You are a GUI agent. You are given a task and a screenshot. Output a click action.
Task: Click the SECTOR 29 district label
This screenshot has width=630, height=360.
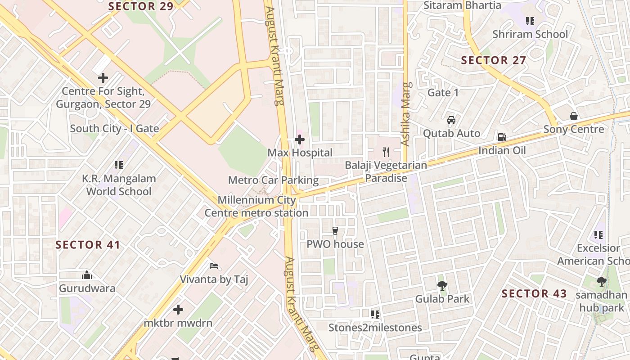pyautogui.click(x=141, y=6)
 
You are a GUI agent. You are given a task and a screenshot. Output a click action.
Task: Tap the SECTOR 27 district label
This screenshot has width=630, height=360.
pyautogui.click(x=494, y=60)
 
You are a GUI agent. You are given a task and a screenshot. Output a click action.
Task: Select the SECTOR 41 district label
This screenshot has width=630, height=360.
pyautogui.click(x=88, y=245)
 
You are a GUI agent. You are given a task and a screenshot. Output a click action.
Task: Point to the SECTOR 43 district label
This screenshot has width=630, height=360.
pyautogui.click(x=534, y=294)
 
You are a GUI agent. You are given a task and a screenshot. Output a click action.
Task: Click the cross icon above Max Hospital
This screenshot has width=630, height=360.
pyautogui.click(x=300, y=139)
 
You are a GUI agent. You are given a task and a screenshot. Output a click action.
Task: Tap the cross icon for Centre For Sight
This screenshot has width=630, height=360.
pyautogui.click(x=103, y=78)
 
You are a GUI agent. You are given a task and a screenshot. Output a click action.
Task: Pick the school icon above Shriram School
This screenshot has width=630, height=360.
pyautogui.click(x=530, y=21)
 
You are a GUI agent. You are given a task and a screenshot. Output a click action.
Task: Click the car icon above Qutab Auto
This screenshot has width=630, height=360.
pyautogui.click(x=451, y=120)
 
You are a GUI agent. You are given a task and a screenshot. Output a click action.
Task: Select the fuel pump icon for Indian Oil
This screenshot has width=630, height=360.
pyautogui.click(x=502, y=137)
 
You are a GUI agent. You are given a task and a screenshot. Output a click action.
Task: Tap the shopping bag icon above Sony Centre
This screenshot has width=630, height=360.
pyautogui.click(x=574, y=116)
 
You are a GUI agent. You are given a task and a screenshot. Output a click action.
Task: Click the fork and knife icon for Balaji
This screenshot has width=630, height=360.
pyautogui.click(x=386, y=152)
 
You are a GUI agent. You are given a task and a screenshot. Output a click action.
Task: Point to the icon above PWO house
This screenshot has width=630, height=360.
pyautogui.click(x=335, y=231)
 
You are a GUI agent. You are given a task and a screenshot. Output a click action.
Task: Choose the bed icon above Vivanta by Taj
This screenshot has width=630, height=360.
pyautogui.click(x=214, y=266)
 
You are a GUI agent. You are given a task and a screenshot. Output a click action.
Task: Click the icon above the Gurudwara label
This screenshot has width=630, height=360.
pyautogui.click(x=87, y=274)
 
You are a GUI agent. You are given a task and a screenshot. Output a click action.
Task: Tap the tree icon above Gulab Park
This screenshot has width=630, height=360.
pyautogui.click(x=442, y=285)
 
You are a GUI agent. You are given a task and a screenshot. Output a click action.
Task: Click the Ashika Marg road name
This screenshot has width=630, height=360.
pyautogui.click(x=406, y=114)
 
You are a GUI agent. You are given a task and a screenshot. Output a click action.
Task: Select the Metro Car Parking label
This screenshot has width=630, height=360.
pyautogui.click(x=273, y=180)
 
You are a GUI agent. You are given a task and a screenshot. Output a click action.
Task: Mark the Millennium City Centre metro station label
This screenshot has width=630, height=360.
pyautogui.click(x=256, y=206)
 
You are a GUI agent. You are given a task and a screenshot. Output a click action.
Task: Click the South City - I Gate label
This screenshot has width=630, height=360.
pyautogui.click(x=114, y=129)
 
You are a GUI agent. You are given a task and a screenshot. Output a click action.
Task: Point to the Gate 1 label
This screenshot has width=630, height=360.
pyautogui.click(x=443, y=93)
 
